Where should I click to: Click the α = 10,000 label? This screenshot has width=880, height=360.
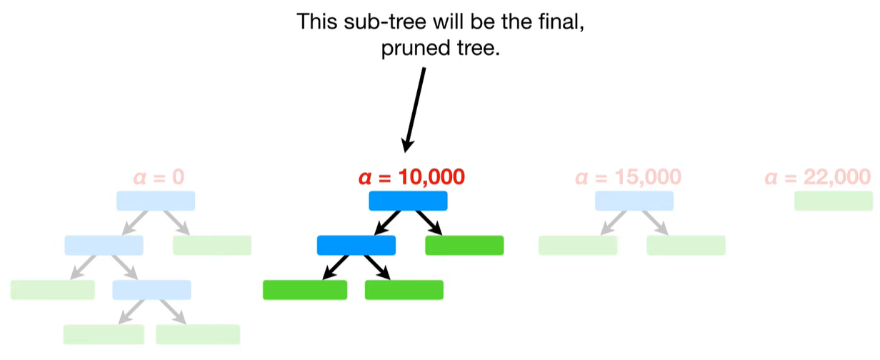point(411,176)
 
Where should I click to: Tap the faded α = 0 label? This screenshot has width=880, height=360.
point(158,176)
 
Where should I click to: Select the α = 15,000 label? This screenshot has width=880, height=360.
point(628,176)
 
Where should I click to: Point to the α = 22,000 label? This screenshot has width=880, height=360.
point(817,176)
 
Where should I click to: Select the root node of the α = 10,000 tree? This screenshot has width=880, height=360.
point(408,201)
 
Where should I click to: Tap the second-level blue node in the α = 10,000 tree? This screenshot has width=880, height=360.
point(356,246)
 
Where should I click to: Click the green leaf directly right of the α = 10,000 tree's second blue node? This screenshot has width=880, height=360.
point(464,246)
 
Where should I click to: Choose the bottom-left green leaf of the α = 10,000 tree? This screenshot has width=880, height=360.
point(305,290)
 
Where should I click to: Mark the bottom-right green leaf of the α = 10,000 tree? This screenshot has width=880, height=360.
point(404,290)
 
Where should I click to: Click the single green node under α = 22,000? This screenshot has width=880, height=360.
point(833,201)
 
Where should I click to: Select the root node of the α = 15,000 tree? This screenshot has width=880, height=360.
point(634,201)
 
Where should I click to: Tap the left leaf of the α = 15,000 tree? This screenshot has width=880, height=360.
point(578,246)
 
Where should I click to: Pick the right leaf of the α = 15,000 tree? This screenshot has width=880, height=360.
point(686,246)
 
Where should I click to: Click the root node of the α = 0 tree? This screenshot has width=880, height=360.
point(156,201)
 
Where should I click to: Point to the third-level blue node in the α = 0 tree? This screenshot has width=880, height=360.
point(152,290)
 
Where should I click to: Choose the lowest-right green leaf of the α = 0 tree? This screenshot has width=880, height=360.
point(198,334)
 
